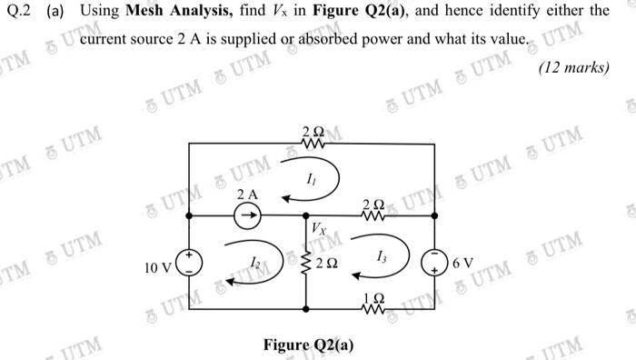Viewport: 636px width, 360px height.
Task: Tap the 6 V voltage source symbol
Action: [435, 263]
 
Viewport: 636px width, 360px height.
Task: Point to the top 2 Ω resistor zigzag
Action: [311, 144]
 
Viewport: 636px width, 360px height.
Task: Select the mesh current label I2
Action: [257, 261]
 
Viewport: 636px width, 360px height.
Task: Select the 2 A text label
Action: [246, 195]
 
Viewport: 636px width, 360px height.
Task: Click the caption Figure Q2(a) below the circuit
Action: [309, 345]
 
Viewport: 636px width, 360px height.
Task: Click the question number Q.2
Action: [18, 12]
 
